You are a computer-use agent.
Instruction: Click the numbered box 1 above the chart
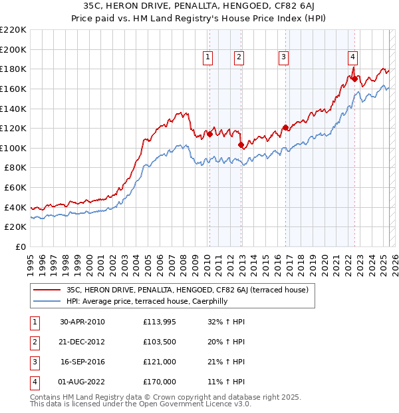pyautogui.click(x=209, y=57)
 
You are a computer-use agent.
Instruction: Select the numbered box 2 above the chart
pyautogui.click(x=238, y=57)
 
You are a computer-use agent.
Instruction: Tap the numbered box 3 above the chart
pyautogui.click(x=283, y=57)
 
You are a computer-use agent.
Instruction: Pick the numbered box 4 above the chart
pyautogui.click(x=352, y=57)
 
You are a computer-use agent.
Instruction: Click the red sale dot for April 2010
pyautogui.click(x=209, y=134)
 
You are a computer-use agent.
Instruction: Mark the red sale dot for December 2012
pyautogui.click(x=240, y=144)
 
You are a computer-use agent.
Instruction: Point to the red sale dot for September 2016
pyautogui.click(x=285, y=127)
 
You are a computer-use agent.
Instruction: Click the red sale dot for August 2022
pyautogui.click(x=354, y=79)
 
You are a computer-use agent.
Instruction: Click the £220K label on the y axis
pyautogui.click(x=13, y=30)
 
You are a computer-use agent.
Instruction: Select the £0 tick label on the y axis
pyautogui.click(x=20, y=247)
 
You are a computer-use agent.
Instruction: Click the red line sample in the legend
pyautogui.click(x=47, y=290)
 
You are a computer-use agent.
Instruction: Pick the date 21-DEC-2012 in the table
pyautogui.click(x=82, y=342)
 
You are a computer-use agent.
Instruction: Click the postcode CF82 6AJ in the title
pyautogui.click(x=286, y=8)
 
